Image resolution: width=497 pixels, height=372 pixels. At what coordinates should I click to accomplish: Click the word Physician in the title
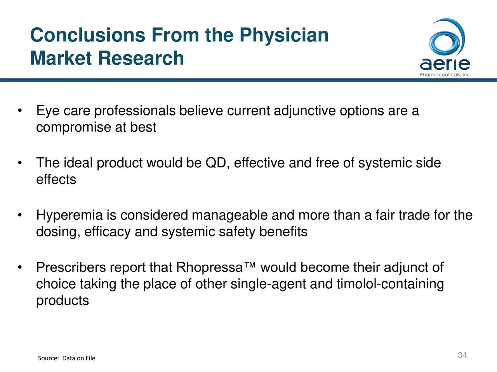tap(284, 36)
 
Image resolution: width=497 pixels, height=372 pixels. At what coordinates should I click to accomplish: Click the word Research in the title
tap(141, 58)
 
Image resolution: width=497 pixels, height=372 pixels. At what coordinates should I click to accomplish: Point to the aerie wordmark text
tap(445, 64)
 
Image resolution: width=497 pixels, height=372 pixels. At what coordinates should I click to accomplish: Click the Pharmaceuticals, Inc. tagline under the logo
tap(445, 75)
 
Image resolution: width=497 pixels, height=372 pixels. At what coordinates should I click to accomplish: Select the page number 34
tap(462, 355)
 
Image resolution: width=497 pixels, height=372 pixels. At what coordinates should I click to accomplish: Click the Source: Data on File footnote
tap(66, 358)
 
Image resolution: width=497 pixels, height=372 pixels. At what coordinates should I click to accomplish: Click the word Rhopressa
tap(209, 267)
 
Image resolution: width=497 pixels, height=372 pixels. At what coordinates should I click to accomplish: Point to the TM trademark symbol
tap(250, 265)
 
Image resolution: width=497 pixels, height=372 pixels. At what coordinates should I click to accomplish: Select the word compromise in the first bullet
tap(74, 128)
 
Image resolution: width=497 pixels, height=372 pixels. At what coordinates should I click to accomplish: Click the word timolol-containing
tap(390, 284)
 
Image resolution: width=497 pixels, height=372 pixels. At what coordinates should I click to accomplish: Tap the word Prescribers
tap(71, 267)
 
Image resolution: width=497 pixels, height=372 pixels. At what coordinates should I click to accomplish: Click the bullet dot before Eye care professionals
tap(20, 111)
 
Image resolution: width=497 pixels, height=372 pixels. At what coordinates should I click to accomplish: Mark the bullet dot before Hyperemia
tap(20, 215)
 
